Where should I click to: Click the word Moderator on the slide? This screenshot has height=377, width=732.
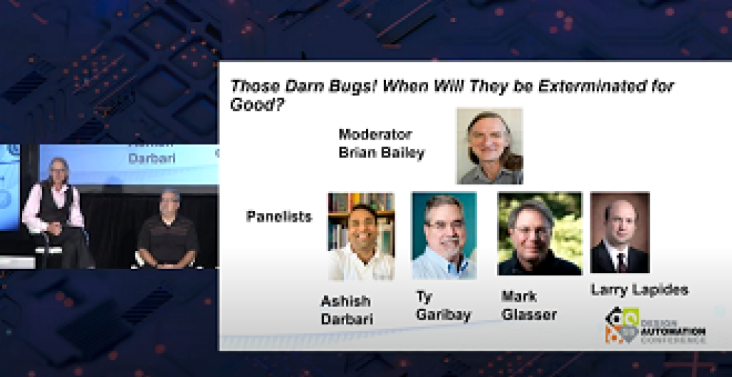pos(375,134)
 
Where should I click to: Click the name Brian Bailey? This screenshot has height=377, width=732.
pos(381,152)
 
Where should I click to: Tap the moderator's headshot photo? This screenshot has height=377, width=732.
pos(490,146)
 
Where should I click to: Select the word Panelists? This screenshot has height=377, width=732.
pos(279,216)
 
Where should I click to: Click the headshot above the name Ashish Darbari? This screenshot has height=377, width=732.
pos(361,236)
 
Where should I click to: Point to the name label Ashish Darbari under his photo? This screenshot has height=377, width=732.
pos(346,310)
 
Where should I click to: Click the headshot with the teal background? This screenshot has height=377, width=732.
pos(444,236)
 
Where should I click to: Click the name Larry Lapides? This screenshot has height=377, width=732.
pos(639,290)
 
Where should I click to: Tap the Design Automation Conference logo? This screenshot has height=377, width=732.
pos(654,326)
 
